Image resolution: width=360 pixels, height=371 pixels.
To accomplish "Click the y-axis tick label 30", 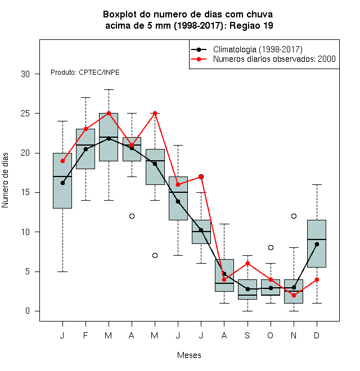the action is tap(25, 74).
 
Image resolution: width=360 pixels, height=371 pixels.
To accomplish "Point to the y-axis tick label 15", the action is tap(25, 192).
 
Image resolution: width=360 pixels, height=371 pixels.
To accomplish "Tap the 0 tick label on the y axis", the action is tap(28, 311).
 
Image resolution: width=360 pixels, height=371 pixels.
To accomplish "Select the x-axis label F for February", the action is tap(85, 335).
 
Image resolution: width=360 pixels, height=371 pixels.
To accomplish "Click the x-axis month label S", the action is tap(247, 335).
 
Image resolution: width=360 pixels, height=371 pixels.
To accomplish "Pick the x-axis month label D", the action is tap(317, 335).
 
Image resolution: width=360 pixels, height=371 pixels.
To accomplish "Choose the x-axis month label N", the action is tap(294, 335).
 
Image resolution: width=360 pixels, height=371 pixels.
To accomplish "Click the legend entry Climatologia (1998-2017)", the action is tap(258, 49).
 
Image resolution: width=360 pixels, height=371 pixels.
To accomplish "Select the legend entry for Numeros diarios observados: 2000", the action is tap(274, 59).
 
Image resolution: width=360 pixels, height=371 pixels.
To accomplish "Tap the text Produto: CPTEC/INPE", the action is tap(85, 73).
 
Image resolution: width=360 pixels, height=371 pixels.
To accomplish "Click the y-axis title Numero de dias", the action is tap(5, 180).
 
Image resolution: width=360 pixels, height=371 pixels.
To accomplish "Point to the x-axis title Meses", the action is tap(189, 355).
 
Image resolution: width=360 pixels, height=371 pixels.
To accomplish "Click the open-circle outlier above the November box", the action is tap(294, 216).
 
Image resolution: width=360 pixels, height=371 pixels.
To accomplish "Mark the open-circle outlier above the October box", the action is tap(271, 247).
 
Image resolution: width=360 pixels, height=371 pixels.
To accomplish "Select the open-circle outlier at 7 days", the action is tap(155, 255).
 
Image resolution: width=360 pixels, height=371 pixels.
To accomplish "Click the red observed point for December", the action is tap(317, 279).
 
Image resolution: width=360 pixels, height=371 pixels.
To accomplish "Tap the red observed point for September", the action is tap(247, 263).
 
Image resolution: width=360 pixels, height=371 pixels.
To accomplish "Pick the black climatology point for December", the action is tap(317, 244).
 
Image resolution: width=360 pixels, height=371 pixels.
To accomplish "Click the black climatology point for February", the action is tap(85, 149).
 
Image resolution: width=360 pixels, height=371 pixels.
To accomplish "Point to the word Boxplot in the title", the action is tap(120, 15).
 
